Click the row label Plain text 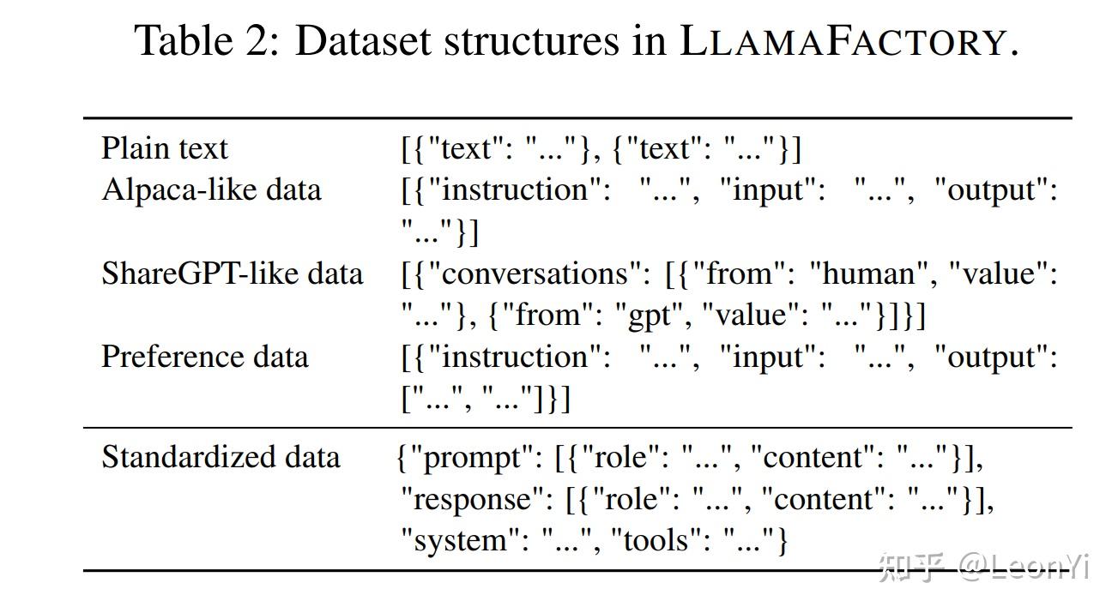tap(165, 148)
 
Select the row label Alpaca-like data tap(211, 189)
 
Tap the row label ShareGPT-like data tap(232, 273)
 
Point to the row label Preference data tap(204, 357)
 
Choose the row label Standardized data tap(221, 457)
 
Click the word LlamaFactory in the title tap(842, 40)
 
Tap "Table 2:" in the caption tap(207, 40)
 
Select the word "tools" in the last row tap(656, 540)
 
